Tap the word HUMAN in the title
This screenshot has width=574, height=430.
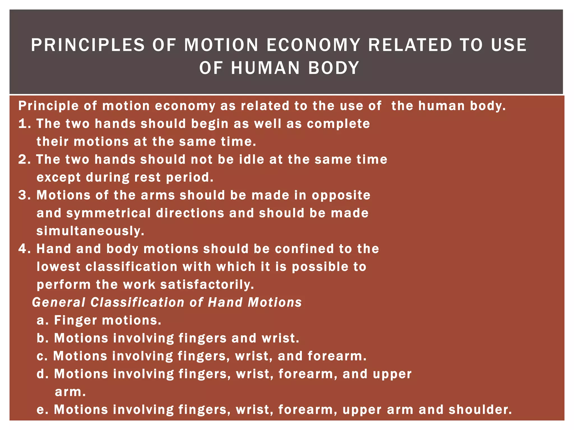[265, 68]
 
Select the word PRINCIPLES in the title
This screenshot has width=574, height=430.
[88, 45]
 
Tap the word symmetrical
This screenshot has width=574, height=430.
[108, 213]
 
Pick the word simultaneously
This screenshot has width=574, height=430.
[90, 231]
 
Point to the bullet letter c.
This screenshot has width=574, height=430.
[41, 356]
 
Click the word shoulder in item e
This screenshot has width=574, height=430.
[480, 410]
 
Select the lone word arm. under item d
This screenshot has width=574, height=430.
[70, 392]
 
